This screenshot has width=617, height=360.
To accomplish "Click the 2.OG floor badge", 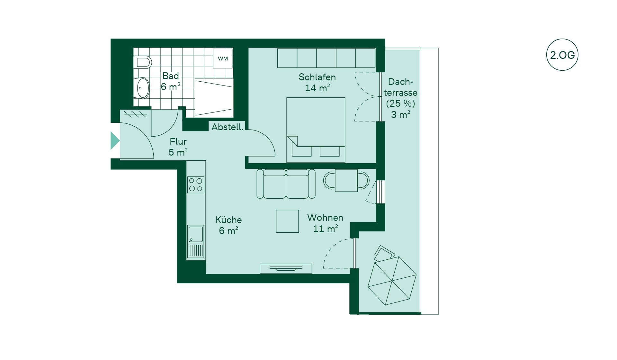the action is click(x=562, y=55).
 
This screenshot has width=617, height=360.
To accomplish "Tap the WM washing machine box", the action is click(x=223, y=59).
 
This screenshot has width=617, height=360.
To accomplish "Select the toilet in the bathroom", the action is click(x=142, y=62).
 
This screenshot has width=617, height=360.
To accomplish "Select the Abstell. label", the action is click(x=227, y=127).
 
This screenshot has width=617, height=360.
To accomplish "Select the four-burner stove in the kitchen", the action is click(x=196, y=185).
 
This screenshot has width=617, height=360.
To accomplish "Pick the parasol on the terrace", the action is click(x=392, y=281).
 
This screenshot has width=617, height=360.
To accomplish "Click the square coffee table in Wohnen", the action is click(x=287, y=221).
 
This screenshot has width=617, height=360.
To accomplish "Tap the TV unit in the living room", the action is click(x=286, y=268).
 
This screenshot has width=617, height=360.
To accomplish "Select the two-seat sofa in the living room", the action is click(x=286, y=184).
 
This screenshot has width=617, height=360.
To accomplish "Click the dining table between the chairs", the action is click(x=346, y=181).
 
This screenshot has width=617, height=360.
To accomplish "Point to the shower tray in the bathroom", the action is click(x=214, y=98).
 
